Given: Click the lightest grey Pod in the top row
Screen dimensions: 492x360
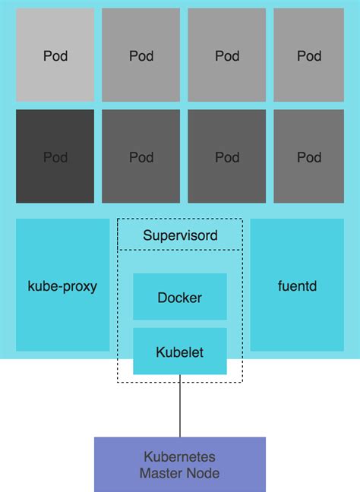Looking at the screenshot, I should click(55, 55).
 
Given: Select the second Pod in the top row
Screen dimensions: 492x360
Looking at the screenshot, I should click(141, 55).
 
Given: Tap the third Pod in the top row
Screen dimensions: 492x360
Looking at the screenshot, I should click(227, 55).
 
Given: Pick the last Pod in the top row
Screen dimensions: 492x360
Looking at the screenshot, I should click(309, 55).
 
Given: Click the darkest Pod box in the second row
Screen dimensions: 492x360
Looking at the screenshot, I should click(55, 156).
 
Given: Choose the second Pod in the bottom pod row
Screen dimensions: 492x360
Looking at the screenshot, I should click(141, 156).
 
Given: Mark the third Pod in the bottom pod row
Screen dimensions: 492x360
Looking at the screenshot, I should click(227, 156).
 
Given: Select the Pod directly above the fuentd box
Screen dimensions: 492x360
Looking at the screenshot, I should click(309, 156).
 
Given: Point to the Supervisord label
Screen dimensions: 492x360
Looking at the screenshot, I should click(180, 235).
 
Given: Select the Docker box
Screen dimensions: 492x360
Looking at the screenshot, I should click(180, 297).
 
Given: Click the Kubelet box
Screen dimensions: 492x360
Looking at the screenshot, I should click(180, 352).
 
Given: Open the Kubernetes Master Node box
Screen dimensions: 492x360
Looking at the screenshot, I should click(180, 464).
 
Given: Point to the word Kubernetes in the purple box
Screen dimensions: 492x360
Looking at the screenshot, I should click(180, 457).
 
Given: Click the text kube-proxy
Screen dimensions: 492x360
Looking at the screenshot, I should click(62, 288).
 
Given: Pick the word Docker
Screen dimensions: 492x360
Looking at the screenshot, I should click(180, 298).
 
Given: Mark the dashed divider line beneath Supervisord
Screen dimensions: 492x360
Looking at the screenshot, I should click(180, 250).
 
